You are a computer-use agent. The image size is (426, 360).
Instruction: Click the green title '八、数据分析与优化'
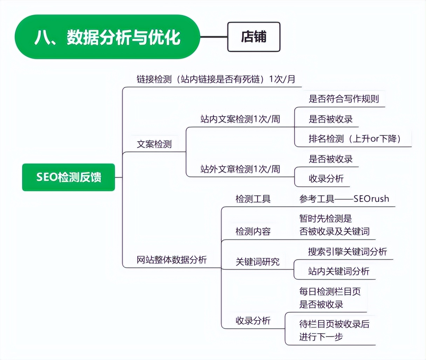click(x=107, y=37)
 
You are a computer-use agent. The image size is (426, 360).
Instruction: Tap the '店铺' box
click(x=254, y=37)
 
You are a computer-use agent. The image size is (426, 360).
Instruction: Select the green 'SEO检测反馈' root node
click(x=69, y=177)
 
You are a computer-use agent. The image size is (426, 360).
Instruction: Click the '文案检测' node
click(x=154, y=144)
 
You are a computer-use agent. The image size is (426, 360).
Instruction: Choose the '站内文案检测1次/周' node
click(x=240, y=119)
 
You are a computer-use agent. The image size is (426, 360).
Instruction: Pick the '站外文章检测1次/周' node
click(x=240, y=169)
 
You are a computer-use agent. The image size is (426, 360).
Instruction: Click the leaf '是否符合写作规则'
click(x=344, y=99)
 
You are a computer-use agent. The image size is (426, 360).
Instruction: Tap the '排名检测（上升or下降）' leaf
click(x=355, y=139)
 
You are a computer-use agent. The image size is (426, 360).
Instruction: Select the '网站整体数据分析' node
click(x=172, y=260)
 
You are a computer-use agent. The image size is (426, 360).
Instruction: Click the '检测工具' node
click(x=253, y=199)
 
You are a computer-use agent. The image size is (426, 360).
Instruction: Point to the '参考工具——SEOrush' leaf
click(x=344, y=199)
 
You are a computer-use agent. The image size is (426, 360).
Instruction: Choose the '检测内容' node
click(x=253, y=231)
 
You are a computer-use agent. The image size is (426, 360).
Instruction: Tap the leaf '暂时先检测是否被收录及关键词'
click(x=334, y=225)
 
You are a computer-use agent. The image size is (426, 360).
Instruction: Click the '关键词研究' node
click(x=257, y=262)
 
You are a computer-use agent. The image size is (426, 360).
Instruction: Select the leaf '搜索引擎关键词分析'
click(x=348, y=251)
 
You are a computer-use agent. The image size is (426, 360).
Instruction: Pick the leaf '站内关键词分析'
click(x=339, y=271)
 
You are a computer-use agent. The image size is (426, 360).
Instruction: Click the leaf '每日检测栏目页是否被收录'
click(x=330, y=298)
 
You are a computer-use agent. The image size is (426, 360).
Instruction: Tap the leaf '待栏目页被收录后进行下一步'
click(x=334, y=330)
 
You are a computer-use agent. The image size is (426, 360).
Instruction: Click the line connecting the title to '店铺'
click(x=214, y=37)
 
